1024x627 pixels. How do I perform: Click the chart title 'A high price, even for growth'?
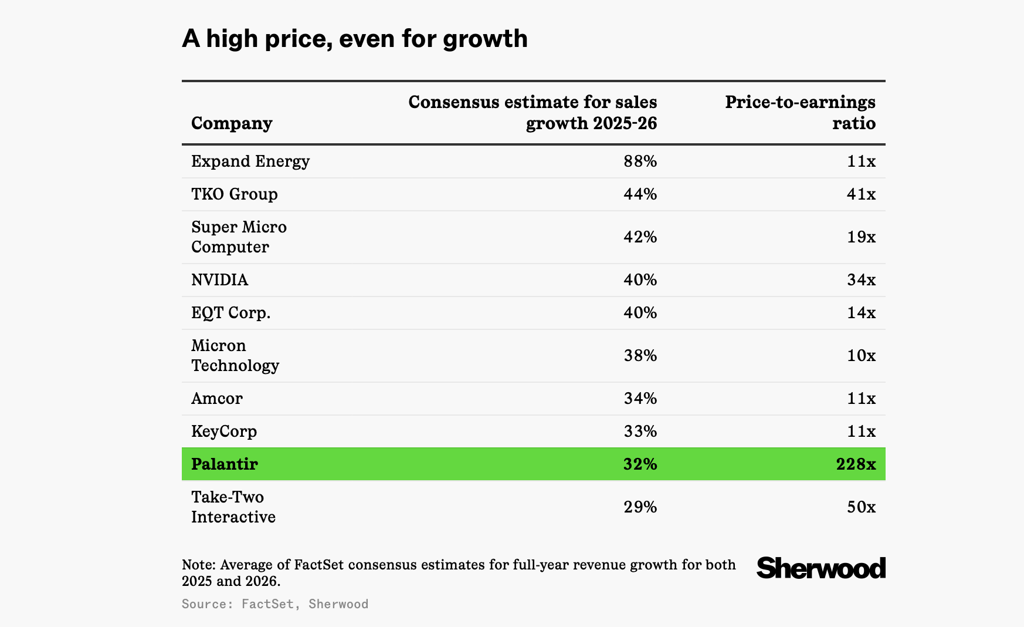tap(355, 39)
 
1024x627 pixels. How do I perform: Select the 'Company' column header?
tap(232, 123)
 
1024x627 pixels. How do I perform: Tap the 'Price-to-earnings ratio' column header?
tap(800, 113)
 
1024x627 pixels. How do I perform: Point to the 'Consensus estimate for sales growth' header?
tap(533, 113)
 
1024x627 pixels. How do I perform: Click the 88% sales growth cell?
tap(640, 161)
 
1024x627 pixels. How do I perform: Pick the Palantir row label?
tap(225, 464)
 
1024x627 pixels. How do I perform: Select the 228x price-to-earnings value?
tap(856, 464)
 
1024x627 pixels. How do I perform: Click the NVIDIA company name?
tap(220, 280)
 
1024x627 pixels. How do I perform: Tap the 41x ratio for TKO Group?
tap(861, 194)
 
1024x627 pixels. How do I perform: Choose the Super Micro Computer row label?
tap(239, 237)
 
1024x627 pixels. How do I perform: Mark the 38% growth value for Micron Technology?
tap(640, 356)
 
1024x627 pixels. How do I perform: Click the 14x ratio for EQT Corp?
tap(861, 313)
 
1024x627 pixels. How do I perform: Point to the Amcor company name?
tap(217, 399)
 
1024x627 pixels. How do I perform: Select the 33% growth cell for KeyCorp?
tap(640, 432)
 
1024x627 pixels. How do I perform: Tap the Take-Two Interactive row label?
tap(233, 507)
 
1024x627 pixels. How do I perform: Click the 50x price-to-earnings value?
tap(861, 507)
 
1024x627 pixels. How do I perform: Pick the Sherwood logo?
tap(820, 568)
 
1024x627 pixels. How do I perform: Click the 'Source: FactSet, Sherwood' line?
tap(275, 604)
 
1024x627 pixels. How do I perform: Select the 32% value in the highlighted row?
tap(640, 464)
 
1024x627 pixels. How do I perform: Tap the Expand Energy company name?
tap(250, 161)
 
